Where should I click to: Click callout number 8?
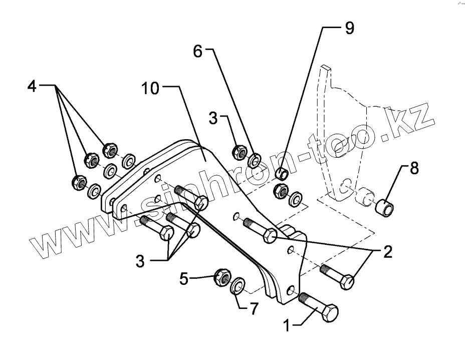click(x=414, y=168)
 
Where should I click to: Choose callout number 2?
click(x=387, y=252)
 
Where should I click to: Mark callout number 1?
click(x=287, y=326)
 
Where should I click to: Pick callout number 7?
click(x=254, y=309)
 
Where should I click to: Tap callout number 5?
click(x=185, y=278)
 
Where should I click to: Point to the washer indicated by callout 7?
click(x=238, y=286)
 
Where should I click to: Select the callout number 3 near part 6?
click(x=213, y=119)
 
